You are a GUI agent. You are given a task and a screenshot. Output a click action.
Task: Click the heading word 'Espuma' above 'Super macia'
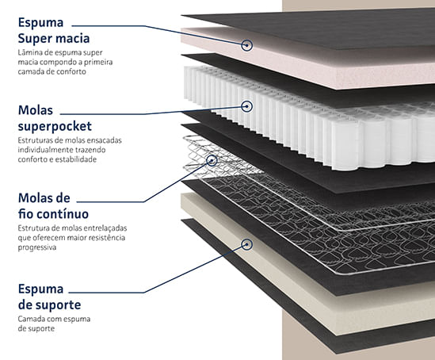click(40, 23)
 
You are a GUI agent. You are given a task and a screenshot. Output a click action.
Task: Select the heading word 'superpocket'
click(55, 127)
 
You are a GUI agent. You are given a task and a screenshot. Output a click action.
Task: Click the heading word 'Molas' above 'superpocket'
click(36, 110)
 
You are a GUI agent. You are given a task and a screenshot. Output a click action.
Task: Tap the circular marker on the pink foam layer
click(246, 45)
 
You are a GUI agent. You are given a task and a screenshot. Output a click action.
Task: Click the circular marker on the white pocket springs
click(246, 106)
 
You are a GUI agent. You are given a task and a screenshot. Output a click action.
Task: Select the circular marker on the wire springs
click(212, 160)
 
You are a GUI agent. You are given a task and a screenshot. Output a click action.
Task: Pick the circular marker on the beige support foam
click(246, 244)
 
